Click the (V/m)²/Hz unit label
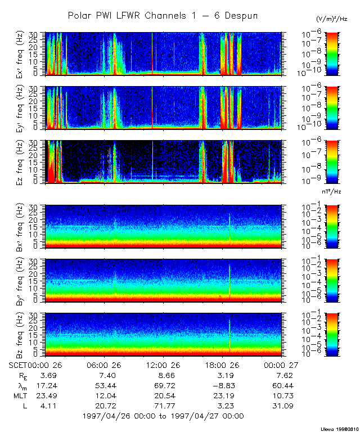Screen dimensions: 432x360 pyautogui.click(x=331, y=19)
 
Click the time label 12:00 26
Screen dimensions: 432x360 pyautogui.click(x=164, y=364)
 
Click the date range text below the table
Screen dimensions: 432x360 pyautogui.click(x=163, y=416)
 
